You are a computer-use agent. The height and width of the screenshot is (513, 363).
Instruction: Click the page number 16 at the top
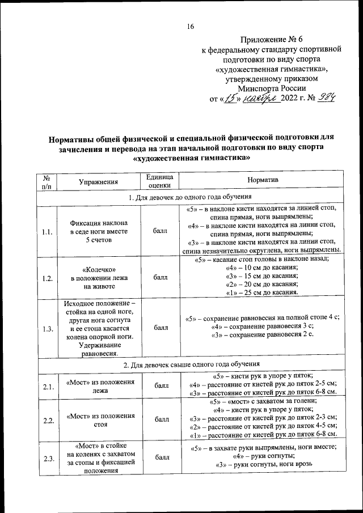[x=190, y=26]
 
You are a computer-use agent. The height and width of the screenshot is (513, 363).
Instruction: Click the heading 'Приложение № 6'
[x=272, y=39]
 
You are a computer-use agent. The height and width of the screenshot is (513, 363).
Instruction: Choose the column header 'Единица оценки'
[x=160, y=181]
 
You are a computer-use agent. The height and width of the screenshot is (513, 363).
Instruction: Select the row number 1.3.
[x=48, y=328]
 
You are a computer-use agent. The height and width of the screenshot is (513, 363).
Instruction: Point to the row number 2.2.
[x=48, y=420]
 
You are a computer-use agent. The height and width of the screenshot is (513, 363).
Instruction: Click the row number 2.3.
[x=48, y=459]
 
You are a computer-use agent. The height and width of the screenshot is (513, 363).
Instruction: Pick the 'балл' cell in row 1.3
[x=160, y=328]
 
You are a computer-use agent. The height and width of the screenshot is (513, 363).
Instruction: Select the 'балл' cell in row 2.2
[x=160, y=420]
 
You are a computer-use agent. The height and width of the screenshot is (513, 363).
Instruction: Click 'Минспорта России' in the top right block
[x=272, y=88]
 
